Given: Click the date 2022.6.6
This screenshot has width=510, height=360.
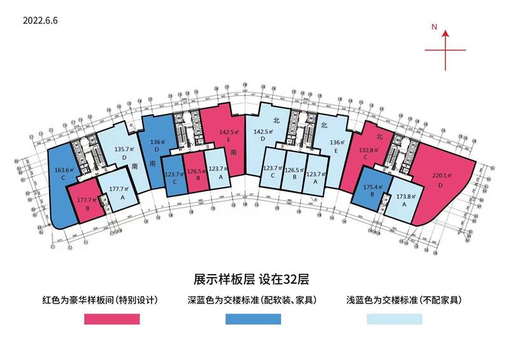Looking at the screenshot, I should point(40,20).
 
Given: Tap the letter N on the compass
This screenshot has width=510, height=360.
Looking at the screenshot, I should point(433,27).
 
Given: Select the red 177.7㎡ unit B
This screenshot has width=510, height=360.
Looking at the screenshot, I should point(84,204).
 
